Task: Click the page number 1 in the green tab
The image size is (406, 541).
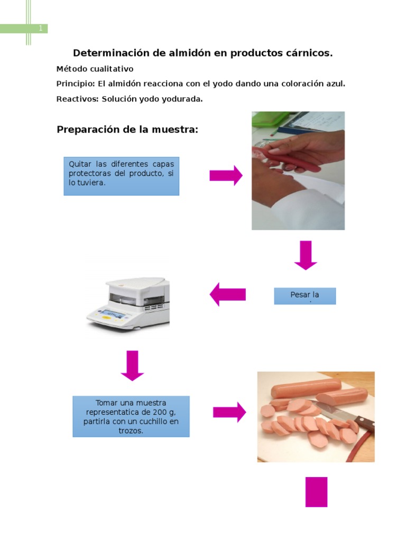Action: click(x=40, y=29)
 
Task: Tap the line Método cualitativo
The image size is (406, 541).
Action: click(x=95, y=69)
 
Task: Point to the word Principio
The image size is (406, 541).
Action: click(x=75, y=83)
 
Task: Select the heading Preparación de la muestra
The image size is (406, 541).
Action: click(x=127, y=129)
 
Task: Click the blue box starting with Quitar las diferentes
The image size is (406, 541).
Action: click(x=121, y=176)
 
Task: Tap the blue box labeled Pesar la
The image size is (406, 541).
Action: click(x=304, y=296)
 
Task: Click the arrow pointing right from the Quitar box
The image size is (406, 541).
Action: click(x=226, y=175)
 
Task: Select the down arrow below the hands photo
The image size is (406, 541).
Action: click(x=306, y=255)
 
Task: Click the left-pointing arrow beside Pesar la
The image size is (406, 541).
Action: click(x=228, y=294)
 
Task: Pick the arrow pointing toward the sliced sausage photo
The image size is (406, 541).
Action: click(x=229, y=412)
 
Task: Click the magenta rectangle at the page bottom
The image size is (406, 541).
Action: click(x=316, y=492)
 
